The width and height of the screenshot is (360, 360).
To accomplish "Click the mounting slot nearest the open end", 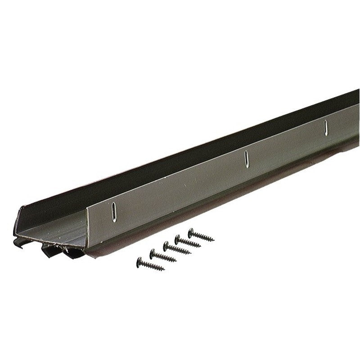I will [x=114, y=212].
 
